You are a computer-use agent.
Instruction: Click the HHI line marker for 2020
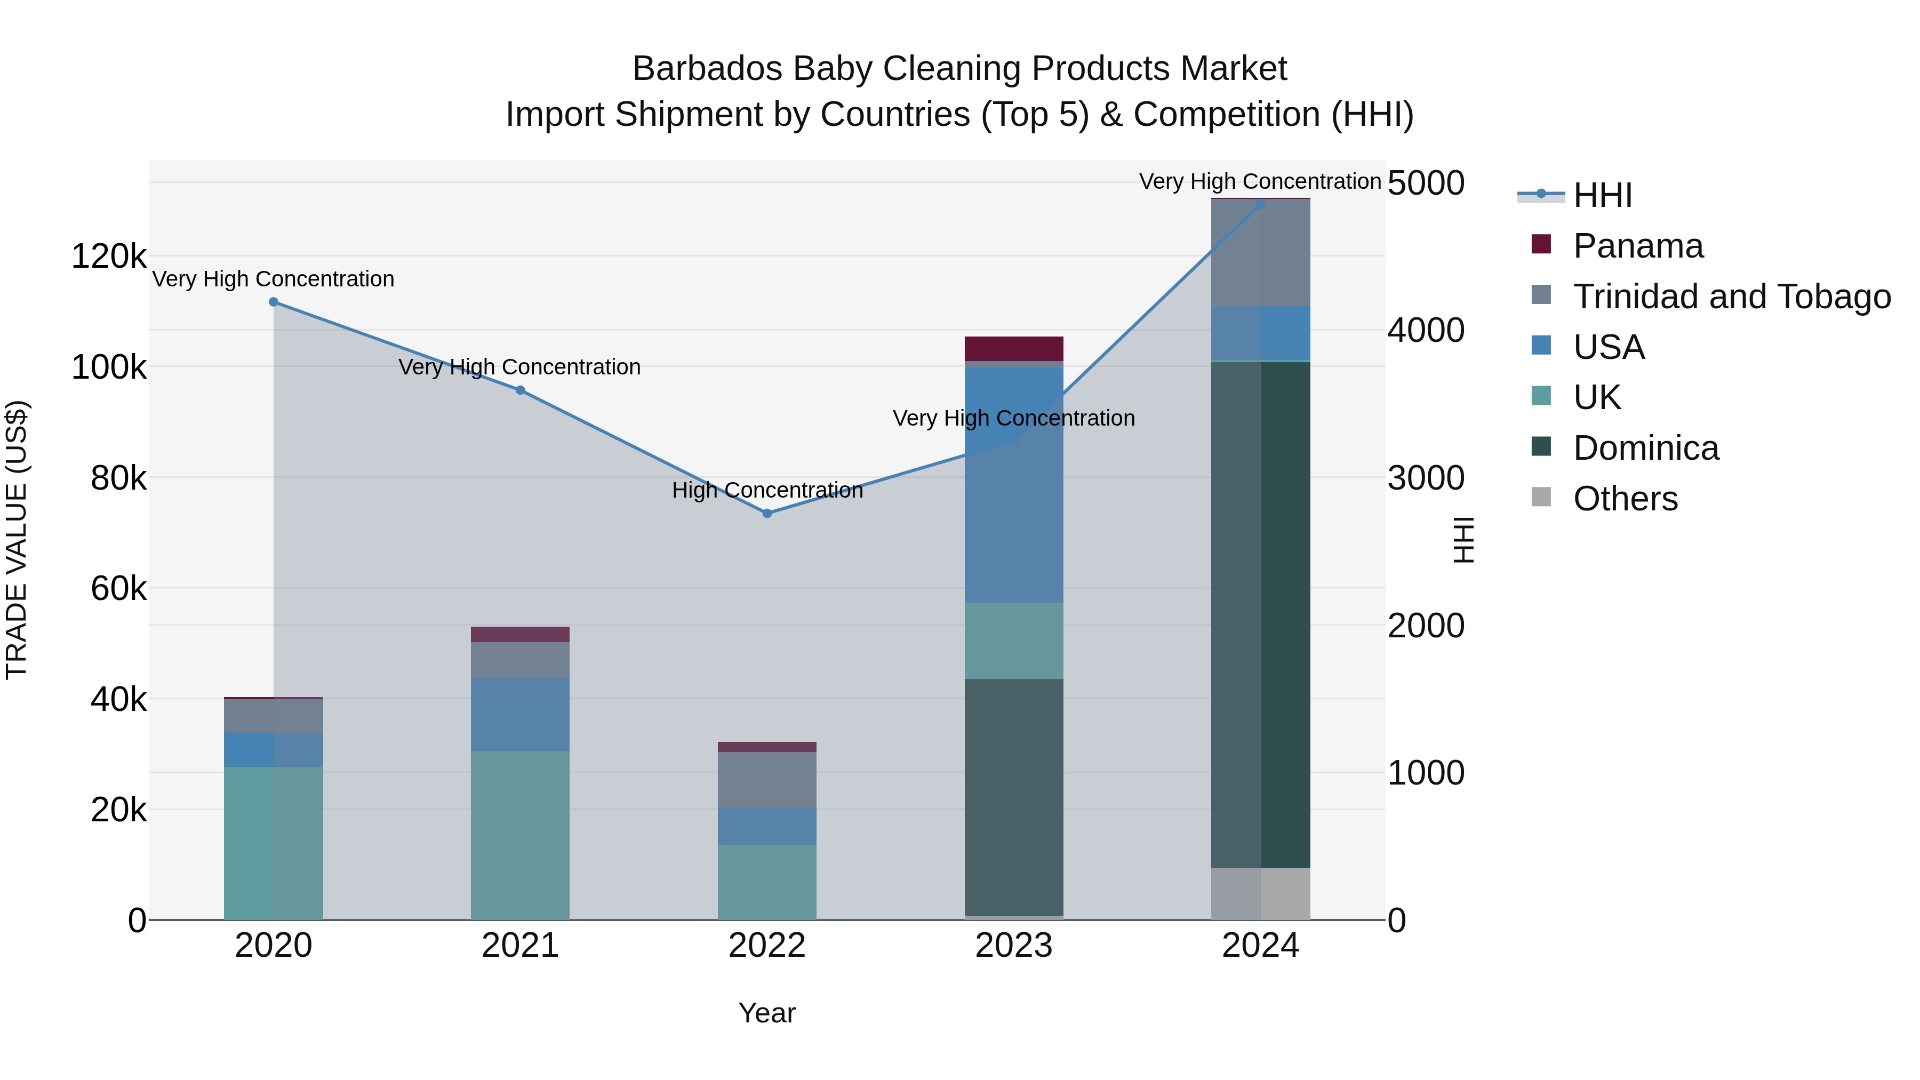pyautogui.click(x=274, y=302)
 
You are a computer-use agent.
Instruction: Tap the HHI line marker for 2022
pyautogui.click(x=767, y=514)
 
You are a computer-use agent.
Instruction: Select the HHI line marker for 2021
pyautogui.click(x=520, y=390)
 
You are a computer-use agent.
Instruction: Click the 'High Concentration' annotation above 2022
pyautogui.click(x=767, y=491)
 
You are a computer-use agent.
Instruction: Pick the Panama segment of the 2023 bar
pyautogui.click(x=1014, y=349)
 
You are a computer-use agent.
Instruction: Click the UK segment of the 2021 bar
pyautogui.click(x=520, y=835)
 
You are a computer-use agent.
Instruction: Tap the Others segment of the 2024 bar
pyautogui.click(x=1260, y=894)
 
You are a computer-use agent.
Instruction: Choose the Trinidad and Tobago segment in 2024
pyautogui.click(x=1260, y=253)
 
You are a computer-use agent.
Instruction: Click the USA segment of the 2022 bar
pyautogui.click(x=767, y=826)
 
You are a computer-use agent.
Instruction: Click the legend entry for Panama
pyautogui.click(x=1637, y=246)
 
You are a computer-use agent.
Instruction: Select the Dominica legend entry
pyautogui.click(x=1645, y=448)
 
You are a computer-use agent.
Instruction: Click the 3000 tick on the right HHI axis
pyautogui.click(x=1426, y=478)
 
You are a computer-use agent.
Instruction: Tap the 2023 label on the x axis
pyautogui.click(x=1014, y=946)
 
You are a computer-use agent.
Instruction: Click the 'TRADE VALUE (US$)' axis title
pyautogui.click(x=17, y=540)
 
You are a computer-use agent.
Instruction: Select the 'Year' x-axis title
pyautogui.click(x=767, y=1013)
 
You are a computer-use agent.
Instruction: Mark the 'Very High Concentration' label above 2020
pyautogui.click(x=274, y=279)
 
